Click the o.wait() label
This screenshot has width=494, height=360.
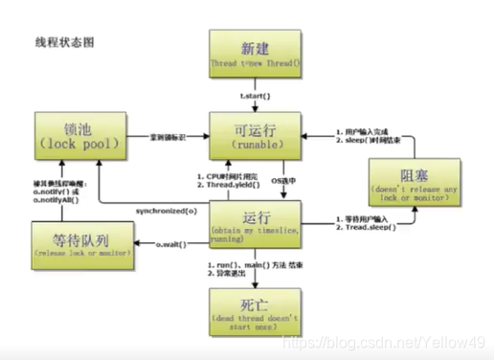point(172,245)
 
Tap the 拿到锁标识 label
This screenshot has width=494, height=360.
point(168,137)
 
